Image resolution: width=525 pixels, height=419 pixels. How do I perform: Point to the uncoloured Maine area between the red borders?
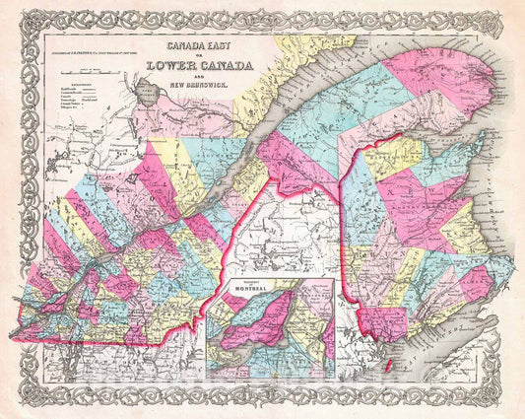click(295, 246)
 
